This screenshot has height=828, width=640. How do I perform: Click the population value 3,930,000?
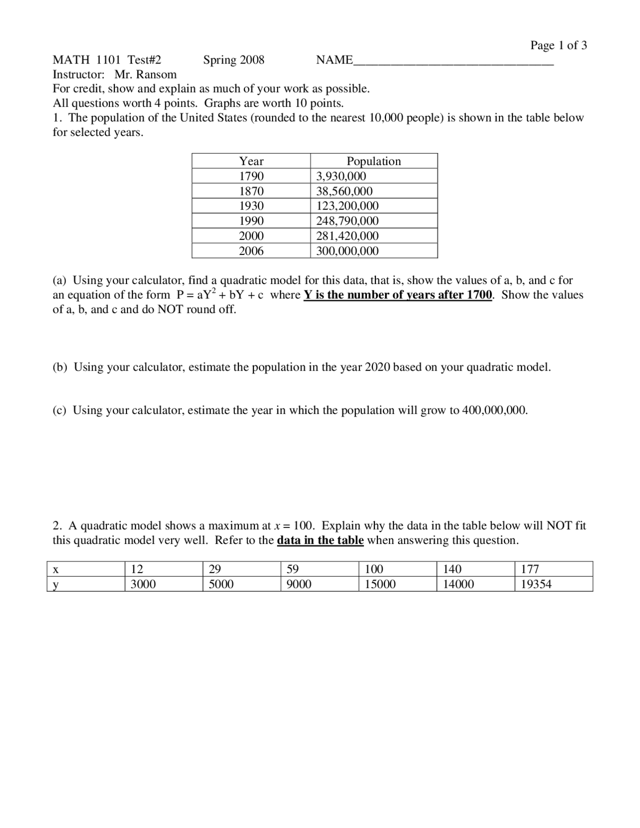click(341, 176)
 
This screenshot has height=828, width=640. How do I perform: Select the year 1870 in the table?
click(251, 191)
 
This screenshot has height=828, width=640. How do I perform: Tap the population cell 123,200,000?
click(347, 206)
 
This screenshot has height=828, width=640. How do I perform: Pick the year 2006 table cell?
click(251, 251)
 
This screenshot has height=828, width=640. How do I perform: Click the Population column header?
click(373, 161)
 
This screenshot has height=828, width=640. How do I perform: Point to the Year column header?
click(251, 161)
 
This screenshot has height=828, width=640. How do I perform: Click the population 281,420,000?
click(347, 236)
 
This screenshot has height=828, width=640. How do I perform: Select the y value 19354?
click(536, 584)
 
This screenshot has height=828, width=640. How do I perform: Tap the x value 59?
click(292, 569)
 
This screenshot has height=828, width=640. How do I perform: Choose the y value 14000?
click(458, 584)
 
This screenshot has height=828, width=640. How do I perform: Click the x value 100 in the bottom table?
click(374, 569)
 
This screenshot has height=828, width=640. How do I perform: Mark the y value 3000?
click(143, 584)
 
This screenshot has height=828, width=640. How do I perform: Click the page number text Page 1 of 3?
click(558, 45)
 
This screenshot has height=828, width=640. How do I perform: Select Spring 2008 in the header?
click(233, 60)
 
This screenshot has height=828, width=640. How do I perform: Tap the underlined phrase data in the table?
click(320, 540)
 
